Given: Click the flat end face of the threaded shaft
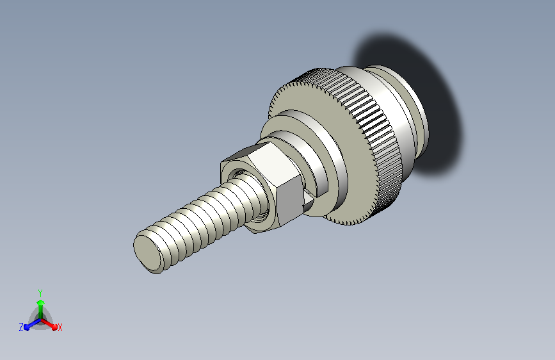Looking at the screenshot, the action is coord(147,252).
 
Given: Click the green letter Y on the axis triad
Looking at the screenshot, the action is coord(40,293).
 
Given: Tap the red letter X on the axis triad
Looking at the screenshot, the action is coord(60,328).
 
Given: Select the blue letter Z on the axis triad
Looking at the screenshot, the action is coord(21,327).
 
